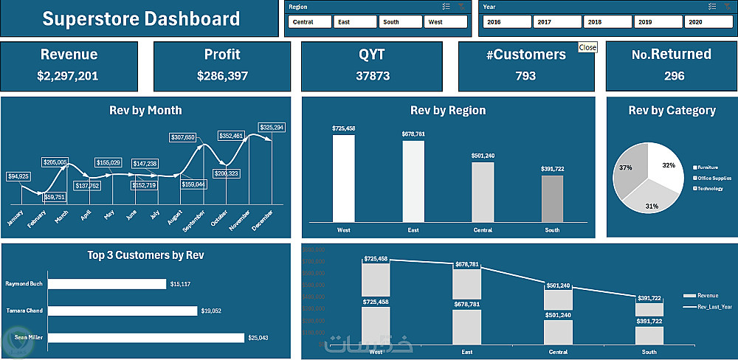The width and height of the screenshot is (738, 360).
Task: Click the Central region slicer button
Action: [x=308, y=22]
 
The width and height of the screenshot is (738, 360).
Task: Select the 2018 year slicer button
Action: [x=607, y=22]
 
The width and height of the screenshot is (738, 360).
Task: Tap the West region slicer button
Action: [x=445, y=22]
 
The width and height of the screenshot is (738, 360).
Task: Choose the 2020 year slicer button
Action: [x=707, y=22]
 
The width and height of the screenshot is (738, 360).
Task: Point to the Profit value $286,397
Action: [x=223, y=76]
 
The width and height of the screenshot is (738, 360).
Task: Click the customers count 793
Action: [x=525, y=76]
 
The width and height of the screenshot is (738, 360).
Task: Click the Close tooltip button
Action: [x=587, y=47]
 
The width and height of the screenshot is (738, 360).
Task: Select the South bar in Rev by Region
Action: [x=552, y=198]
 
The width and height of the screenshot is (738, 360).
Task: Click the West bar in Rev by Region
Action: [x=343, y=179]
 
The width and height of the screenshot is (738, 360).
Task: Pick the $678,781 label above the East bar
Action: [x=413, y=134]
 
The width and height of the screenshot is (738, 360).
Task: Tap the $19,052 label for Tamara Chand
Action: [x=211, y=311]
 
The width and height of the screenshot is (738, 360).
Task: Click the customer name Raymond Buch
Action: [x=24, y=283]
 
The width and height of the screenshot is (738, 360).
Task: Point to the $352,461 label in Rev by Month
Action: [x=231, y=136]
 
